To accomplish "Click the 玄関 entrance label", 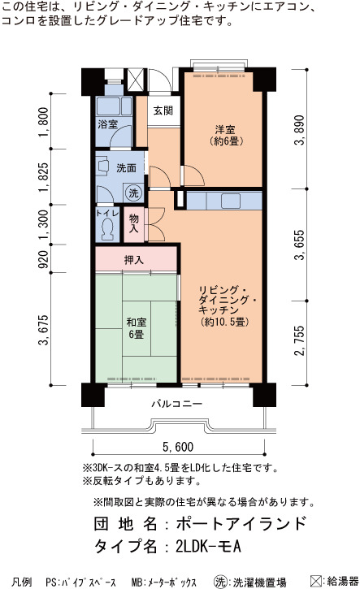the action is tap(163, 110).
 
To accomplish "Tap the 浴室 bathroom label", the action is tap(107, 123).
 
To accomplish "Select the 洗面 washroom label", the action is tap(126, 168).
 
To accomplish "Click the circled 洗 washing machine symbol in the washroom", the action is tap(134, 193).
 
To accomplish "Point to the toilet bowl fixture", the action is tap(108, 230).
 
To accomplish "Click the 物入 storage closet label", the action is tap(134, 223).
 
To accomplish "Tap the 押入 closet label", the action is tap(134, 259).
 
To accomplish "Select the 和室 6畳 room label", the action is tap(136, 328).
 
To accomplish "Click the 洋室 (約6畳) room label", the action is tap(225, 135).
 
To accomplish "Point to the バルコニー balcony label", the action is tap(177, 404).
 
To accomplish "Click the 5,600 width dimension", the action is tap(178, 447).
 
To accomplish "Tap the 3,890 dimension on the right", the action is tap(300, 130).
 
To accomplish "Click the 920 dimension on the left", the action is tap(44, 259).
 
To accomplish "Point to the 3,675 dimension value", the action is tap(44, 330).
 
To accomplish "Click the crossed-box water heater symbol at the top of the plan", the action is tap(135, 80).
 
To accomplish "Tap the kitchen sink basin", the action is tap(231, 201).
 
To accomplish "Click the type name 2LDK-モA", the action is tap(208, 546).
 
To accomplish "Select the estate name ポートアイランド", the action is tap(241, 523).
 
